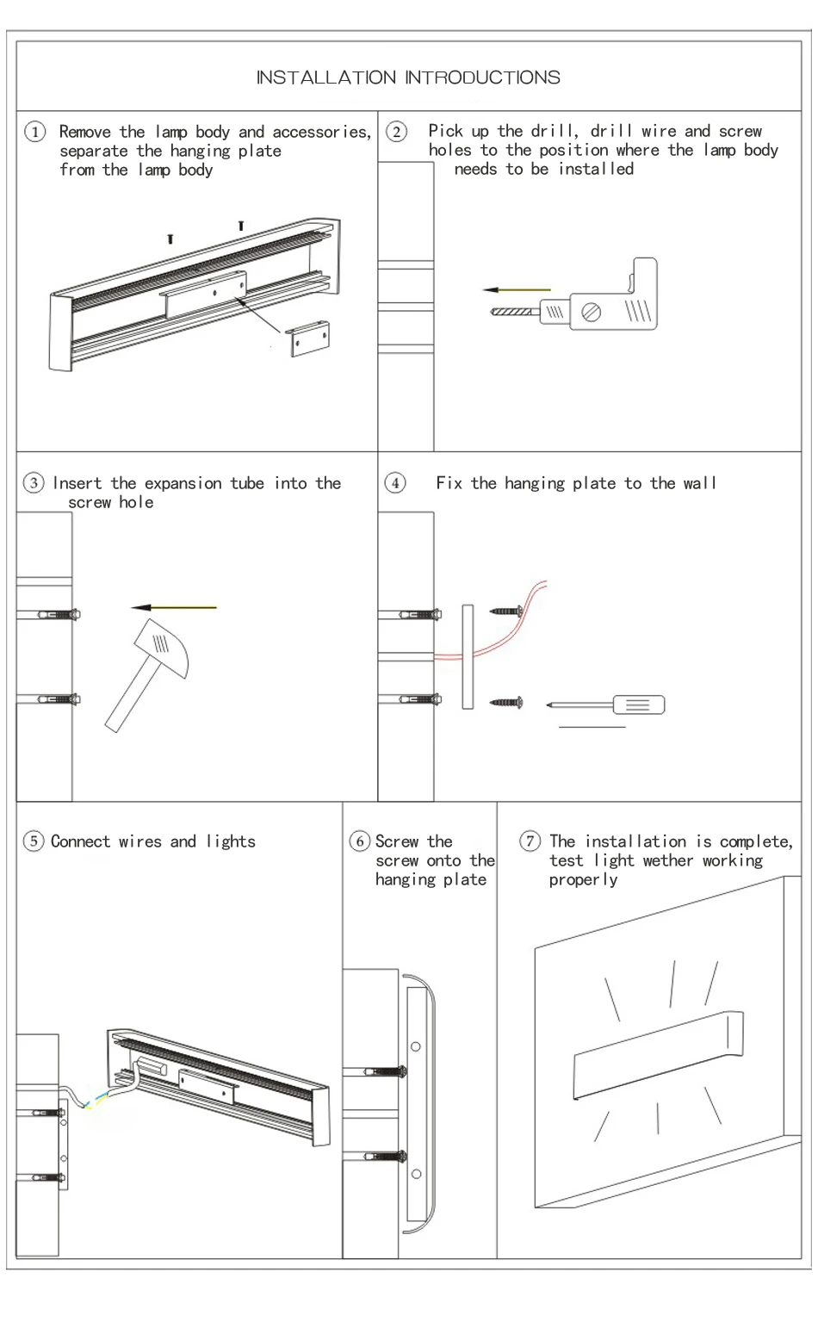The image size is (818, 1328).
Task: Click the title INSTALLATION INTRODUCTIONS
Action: click(x=408, y=77)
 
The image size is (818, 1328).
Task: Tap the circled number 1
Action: click(x=35, y=132)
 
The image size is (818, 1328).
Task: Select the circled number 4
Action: click(x=395, y=482)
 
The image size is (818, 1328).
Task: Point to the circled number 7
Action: click(x=530, y=841)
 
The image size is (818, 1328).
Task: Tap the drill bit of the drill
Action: click(x=515, y=311)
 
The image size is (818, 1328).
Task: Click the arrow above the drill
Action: click(x=517, y=290)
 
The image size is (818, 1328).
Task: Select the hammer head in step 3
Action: click(x=161, y=648)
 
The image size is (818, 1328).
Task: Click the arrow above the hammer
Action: click(x=174, y=607)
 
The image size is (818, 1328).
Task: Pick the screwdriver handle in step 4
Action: click(x=638, y=704)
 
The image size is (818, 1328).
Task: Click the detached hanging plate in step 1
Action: click(x=308, y=338)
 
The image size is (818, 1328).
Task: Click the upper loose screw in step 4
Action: click(x=505, y=611)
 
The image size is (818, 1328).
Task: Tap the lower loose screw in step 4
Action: click(x=505, y=703)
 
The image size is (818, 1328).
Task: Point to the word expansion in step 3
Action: click(x=183, y=484)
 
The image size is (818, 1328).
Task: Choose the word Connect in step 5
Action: click(x=81, y=841)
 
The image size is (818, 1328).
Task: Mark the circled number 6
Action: click(x=360, y=841)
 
